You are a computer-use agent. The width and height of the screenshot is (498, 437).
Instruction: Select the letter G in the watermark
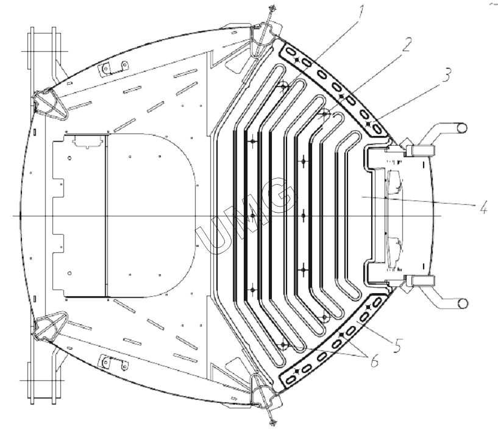(x=282, y=193)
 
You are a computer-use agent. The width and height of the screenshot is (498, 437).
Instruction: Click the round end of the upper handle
(x=462, y=128)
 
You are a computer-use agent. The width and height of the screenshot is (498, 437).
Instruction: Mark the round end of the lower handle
(x=462, y=304)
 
